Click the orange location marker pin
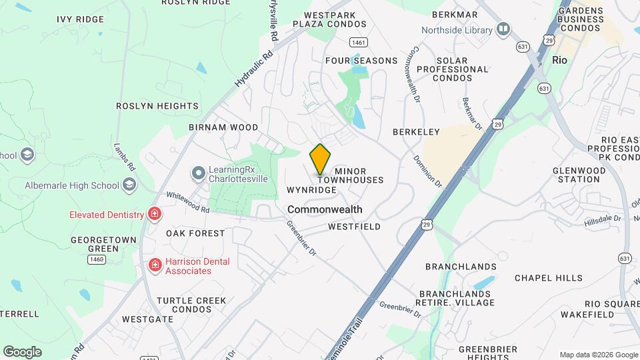click(x=320, y=158)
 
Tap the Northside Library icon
click(x=503, y=29)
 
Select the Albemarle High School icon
click(x=129, y=185)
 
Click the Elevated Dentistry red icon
click(x=155, y=214)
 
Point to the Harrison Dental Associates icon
click(x=155, y=266)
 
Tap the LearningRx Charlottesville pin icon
click(x=198, y=174)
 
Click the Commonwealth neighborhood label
click(x=325, y=209)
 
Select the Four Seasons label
click(x=361, y=61)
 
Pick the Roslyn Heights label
click(x=157, y=106)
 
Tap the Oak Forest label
click(x=195, y=233)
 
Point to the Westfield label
click(x=354, y=227)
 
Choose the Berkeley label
click(x=416, y=132)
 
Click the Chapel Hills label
click(x=548, y=278)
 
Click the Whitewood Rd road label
click(x=187, y=201)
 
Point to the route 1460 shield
click(x=97, y=259)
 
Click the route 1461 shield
click(x=359, y=42)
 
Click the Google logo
click(x=22, y=352)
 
